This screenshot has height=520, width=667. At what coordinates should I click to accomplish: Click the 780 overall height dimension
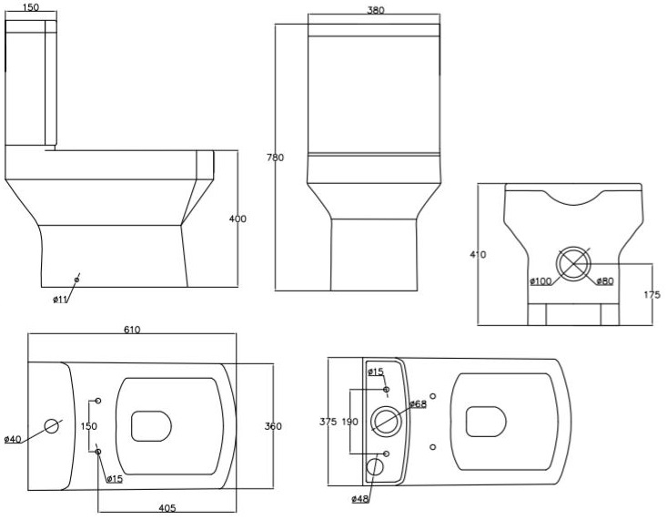click(275, 158)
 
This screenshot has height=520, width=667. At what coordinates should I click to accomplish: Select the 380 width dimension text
click(375, 10)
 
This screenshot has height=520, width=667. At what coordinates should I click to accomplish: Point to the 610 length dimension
click(132, 330)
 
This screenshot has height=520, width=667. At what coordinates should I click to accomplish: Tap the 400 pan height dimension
click(238, 219)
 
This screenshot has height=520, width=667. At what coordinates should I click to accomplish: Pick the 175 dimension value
click(652, 294)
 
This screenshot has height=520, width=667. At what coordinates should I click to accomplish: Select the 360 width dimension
click(273, 426)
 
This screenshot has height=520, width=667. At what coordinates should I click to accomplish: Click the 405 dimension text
click(167, 507)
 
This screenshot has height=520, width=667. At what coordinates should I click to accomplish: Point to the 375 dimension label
click(328, 421)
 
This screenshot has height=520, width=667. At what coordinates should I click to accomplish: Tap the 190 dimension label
click(350, 421)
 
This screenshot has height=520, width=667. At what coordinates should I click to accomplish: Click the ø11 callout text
click(61, 299)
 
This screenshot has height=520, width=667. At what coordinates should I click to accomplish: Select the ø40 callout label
click(12, 439)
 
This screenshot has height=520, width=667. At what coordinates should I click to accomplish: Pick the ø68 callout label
click(418, 403)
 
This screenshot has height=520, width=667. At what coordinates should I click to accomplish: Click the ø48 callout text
click(360, 498)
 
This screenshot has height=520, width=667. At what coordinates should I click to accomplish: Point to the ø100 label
click(541, 280)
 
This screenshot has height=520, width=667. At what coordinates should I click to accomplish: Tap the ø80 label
click(604, 280)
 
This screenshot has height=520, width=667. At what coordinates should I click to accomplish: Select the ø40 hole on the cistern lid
click(52, 425)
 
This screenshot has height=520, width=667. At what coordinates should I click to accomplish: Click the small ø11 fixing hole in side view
click(76, 280)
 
